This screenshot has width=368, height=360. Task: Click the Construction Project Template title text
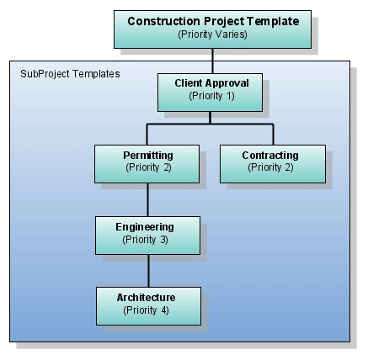pyautogui.click(x=213, y=21)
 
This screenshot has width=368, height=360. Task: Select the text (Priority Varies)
pyautogui.click(x=212, y=34)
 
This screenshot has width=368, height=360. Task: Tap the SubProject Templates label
pyautogui.click(x=70, y=74)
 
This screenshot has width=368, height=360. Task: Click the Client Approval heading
pyautogui.click(x=211, y=83)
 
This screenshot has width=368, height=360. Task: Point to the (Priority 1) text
pyautogui.click(x=211, y=96)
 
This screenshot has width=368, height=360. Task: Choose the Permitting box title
pyautogui.click(x=148, y=156)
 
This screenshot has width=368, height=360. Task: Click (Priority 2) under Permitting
pyautogui.click(x=148, y=167)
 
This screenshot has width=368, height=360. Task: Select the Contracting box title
pyautogui.click(x=270, y=156)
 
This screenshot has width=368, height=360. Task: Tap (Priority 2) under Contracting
pyautogui.click(x=270, y=167)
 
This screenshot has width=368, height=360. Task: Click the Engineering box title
pyautogui.click(x=145, y=227)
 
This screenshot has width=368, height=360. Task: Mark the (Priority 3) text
pyautogui.click(x=145, y=240)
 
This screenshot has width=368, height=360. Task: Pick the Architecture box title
pyautogui.click(x=146, y=298)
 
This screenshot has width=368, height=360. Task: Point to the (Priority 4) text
pyautogui.click(x=146, y=310)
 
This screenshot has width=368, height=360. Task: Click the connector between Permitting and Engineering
pyautogui.click(x=148, y=199)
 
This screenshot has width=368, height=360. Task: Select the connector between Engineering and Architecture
pyautogui.click(x=148, y=271)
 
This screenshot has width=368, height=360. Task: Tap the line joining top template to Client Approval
pyautogui.click(x=212, y=61)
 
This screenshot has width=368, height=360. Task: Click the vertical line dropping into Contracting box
pyautogui.click(x=273, y=135)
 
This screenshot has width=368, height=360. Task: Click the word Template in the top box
pyautogui.click(x=273, y=21)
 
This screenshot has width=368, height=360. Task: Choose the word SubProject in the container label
pyautogui.click(x=45, y=74)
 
